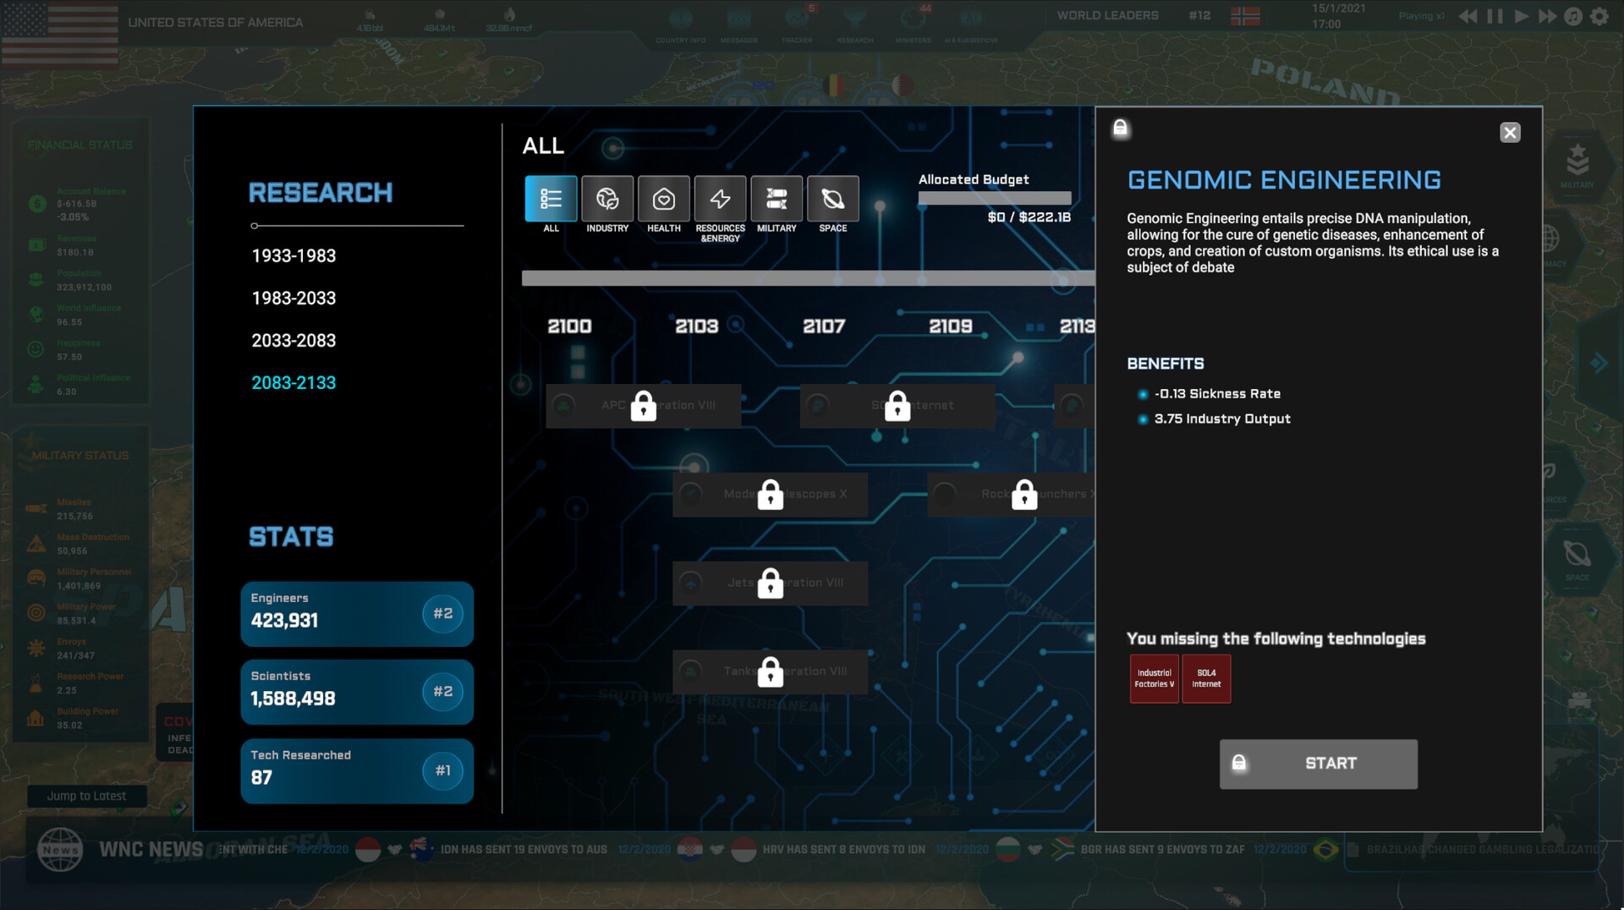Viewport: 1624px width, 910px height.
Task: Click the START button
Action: click(x=1318, y=764)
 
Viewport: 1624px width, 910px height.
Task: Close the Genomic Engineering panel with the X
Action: click(x=1510, y=133)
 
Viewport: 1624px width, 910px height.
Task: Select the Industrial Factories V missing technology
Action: click(x=1154, y=679)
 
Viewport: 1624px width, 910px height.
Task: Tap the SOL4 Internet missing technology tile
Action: click(x=1206, y=679)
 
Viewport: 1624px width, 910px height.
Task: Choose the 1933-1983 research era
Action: click(x=294, y=256)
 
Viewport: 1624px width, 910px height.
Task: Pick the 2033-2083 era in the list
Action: click(x=294, y=341)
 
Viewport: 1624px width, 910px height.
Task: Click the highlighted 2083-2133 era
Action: click(x=294, y=383)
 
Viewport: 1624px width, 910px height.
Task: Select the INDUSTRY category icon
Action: click(x=607, y=200)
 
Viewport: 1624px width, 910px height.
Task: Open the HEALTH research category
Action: click(x=664, y=200)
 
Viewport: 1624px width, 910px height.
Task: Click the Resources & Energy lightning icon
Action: click(x=720, y=200)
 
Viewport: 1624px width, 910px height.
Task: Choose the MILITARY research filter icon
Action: click(x=776, y=200)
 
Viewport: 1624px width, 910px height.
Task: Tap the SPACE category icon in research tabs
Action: click(x=833, y=200)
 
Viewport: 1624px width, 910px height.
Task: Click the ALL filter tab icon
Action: click(x=551, y=200)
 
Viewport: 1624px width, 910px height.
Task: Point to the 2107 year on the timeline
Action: click(x=824, y=326)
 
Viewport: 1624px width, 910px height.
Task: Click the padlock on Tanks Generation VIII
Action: click(x=770, y=672)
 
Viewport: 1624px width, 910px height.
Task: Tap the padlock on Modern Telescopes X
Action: click(x=770, y=495)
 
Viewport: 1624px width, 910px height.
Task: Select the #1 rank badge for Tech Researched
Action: click(x=442, y=770)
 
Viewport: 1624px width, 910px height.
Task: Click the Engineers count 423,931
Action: click(x=284, y=621)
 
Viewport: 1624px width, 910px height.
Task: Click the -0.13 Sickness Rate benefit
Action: click(x=1217, y=394)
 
